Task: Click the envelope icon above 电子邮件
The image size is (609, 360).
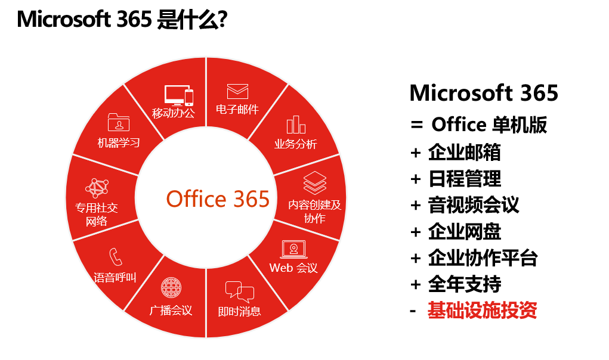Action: click(237, 92)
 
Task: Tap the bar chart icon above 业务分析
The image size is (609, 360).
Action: click(296, 125)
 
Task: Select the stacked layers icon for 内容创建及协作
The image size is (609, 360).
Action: click(314, 183)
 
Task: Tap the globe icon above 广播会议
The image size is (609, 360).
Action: click(171, 288)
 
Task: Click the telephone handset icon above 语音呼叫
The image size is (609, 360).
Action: click(116, 256)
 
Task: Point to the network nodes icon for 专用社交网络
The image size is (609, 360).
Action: click(97, 188)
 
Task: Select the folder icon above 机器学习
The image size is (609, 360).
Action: click(119, 122)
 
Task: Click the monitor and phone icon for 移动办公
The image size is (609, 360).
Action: click(179, 95)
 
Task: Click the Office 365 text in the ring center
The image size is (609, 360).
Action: click(218, 199)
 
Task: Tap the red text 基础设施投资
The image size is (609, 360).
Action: click(482, 311)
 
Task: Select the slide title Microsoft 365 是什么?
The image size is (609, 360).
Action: click(122, 20)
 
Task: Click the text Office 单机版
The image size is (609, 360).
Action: click(489, 125)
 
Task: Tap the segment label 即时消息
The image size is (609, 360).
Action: click(239, 312)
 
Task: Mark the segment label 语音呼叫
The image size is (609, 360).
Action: click(115, 278)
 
